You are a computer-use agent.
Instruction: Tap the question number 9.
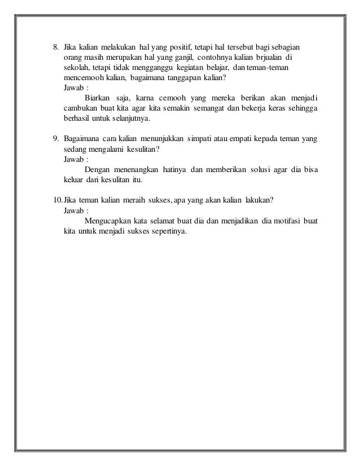(55, 138)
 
